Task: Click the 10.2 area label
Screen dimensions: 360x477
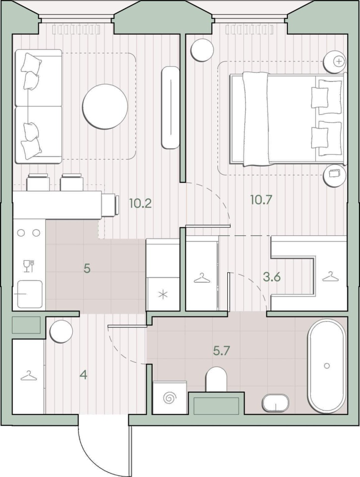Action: (x=140, y=203)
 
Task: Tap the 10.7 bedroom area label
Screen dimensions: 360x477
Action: (x=261, y=200)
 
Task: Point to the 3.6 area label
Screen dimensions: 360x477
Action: (x=272, y=277)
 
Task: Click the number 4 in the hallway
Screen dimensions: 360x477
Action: (x=84, y=376)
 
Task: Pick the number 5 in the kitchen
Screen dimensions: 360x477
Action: (x=87, y=269)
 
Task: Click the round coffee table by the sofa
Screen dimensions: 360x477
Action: (x=105, y=106)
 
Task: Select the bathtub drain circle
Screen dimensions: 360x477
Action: (x=327, y=366)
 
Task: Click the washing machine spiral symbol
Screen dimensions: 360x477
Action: (x=170, y=398)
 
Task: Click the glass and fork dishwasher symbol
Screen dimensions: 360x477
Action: (x=29, y=266)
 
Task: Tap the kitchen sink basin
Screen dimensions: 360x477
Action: (x=29, y=294)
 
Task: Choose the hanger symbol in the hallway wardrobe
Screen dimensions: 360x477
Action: (x=29, y=376)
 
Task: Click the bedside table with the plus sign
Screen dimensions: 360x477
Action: (x=335, y=62)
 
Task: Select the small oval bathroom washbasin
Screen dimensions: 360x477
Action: (x=275, y=403)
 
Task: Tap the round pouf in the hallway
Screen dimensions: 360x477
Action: (x=62, y=331)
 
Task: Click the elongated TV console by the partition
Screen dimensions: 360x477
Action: (x=171, y=107)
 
